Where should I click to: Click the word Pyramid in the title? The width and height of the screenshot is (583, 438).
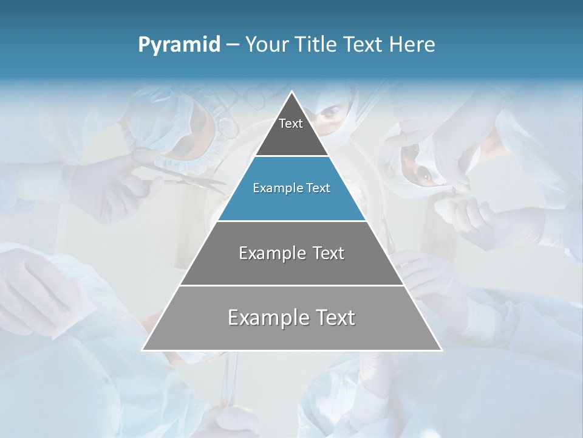pyautogui.click(x=179, y=45)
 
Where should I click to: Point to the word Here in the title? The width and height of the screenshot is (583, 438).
pyautogui.click(x=412, y=45)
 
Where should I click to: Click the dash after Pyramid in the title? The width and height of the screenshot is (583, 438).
pyautogui.click(x=232, y=45)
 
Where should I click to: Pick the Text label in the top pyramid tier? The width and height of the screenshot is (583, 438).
pyautogui.click(x=291, y=124)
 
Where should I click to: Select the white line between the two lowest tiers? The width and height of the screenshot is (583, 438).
pyautogui.click(x=291, y=285)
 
